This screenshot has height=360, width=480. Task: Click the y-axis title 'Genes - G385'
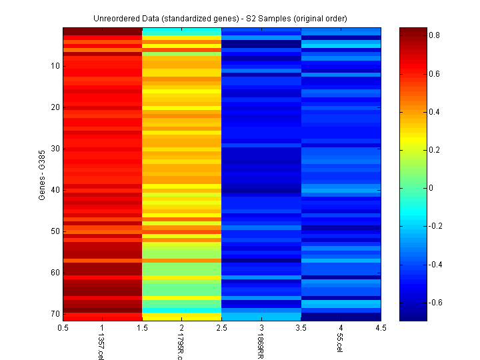42,175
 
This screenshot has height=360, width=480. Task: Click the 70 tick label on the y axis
55,313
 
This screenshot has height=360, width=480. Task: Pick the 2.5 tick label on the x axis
221,327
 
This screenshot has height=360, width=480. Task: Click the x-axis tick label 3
261,327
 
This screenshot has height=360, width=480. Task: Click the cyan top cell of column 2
181,31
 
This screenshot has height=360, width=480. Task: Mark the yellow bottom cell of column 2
181,317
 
